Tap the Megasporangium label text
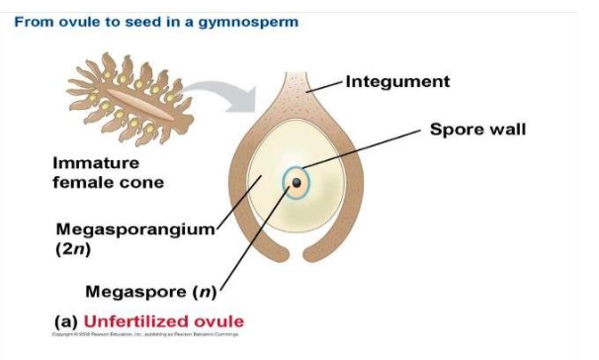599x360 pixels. click(x=135, y=229)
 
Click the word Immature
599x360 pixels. click(x=95, y=163)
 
